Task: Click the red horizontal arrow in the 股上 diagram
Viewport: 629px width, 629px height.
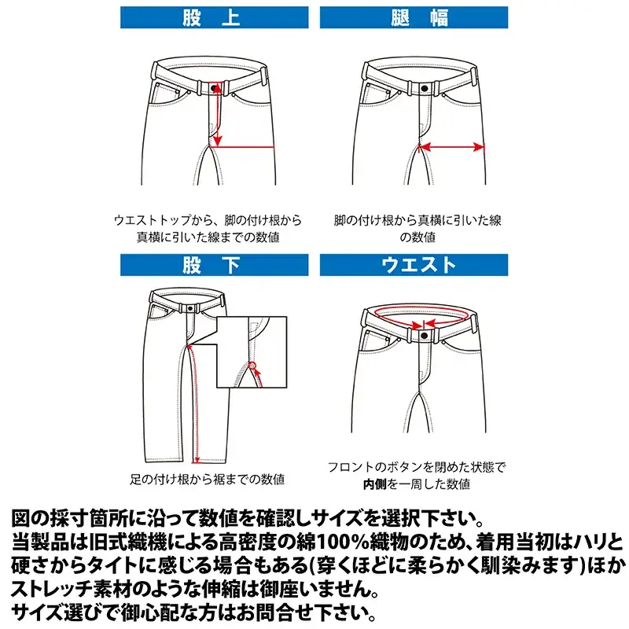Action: pos(244,145)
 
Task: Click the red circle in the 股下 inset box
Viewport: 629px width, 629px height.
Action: pos(252,363)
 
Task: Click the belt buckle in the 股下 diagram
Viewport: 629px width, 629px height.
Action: pos(189,309)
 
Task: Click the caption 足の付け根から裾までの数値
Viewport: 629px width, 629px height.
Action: pos(207,479)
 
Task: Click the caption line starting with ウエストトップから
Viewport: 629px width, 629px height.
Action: pos(207,220)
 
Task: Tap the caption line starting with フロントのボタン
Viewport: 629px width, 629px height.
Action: pos(417,467)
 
